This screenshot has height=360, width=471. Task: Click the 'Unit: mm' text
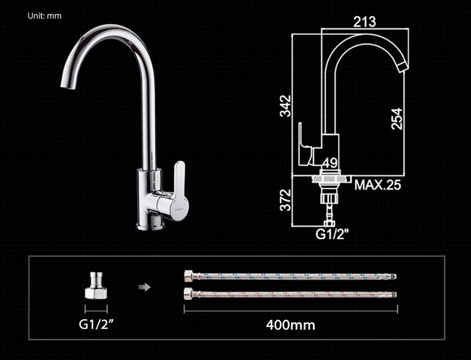pyautogui.click(x=45, y=16)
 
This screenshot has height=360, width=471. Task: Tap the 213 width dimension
pyautogui.click(x=364, y=22)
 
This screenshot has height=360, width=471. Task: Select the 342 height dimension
pyautogui.click(x=286, y=106)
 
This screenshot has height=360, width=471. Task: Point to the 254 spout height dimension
pyautogui.click(x=397, y=118)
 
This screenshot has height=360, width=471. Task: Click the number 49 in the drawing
pyautogui.click(x=330, y=163)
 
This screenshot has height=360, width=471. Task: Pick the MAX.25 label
pyautogui.click(x=377, y=185)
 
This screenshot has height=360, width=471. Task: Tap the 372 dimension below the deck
pyautogui.click(x=286, y=200)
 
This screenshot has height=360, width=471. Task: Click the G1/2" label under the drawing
pyautogui.click(x=332, y=234)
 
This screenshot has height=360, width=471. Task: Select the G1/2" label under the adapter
pyautogui.click(x=96, y=324)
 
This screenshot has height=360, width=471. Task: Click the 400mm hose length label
pyautogui.click(x=290, y=325)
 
